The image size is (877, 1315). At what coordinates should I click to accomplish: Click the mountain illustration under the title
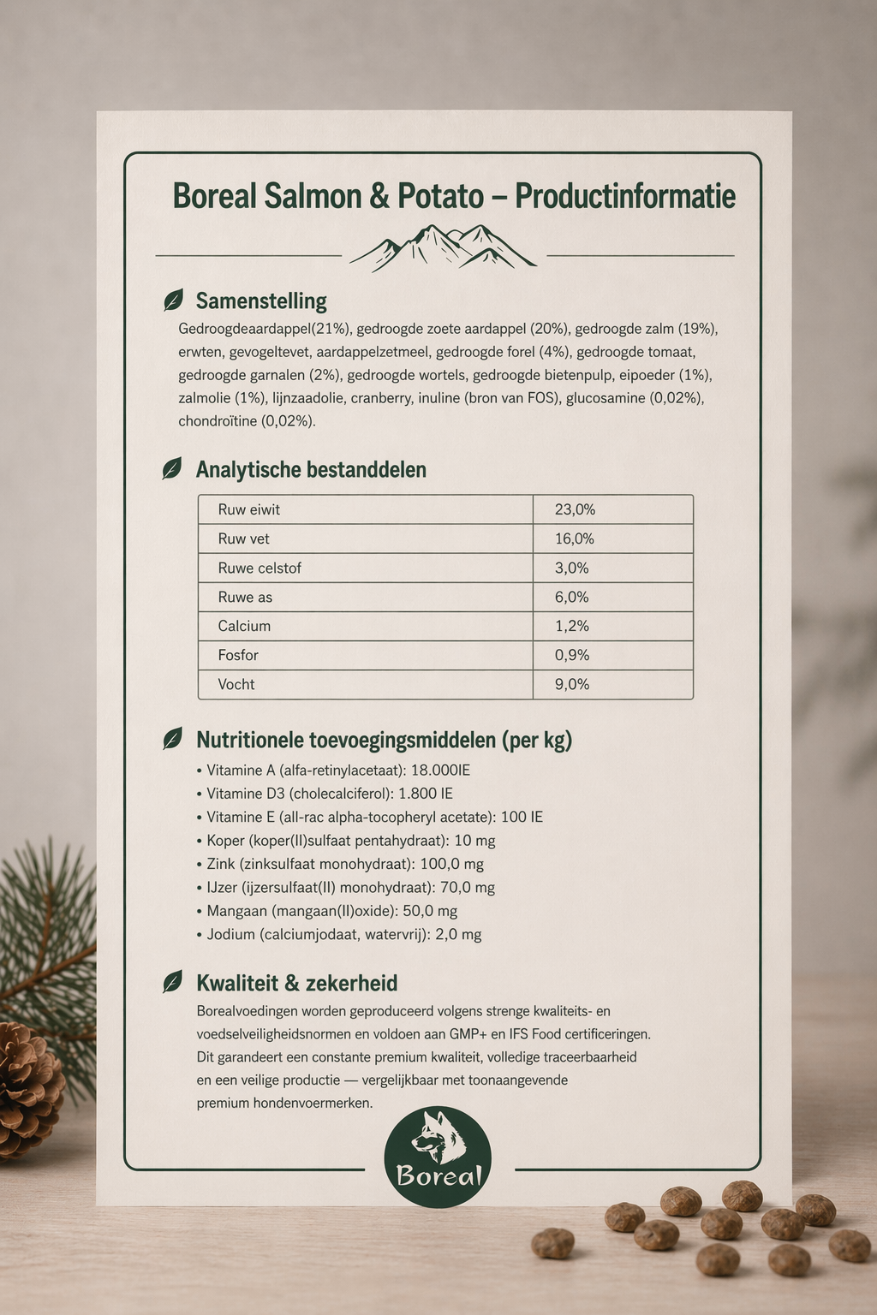[x=443, y=248]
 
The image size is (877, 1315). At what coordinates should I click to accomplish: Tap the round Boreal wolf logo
[x=438, y=1157]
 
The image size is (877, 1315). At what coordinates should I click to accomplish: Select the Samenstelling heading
[x=261, y=301]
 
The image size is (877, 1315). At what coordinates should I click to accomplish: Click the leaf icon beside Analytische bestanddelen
[x=172, y=469]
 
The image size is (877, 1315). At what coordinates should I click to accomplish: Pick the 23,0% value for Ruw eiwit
[x=575, y=509]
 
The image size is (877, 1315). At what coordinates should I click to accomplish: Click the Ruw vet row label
[x=244, y=538]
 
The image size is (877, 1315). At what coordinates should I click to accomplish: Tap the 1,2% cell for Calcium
[x=572, y=626]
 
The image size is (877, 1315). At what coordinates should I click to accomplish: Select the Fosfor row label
[x=238, y=655]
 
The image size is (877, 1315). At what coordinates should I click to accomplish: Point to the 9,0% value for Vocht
[x=573, y=684]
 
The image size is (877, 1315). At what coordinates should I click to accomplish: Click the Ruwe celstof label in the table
[x=260, y=568]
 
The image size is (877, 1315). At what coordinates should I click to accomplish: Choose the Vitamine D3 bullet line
[x=330, y=794]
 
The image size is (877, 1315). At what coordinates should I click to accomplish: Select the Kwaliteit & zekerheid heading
[x=296, y=983]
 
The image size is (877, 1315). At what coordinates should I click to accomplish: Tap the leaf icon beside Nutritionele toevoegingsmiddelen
[x=172, y=739]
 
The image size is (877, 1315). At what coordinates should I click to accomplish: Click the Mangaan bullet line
[x=332, y=911]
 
